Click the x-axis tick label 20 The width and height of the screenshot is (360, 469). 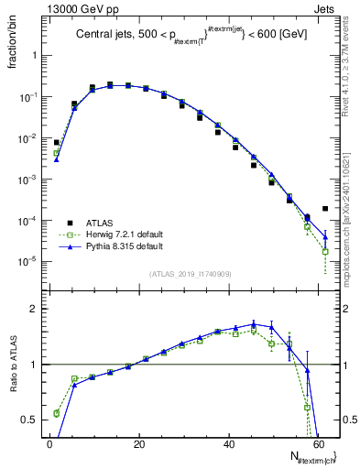click(x=138, y=445)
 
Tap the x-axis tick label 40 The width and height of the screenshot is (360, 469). click(x=228, y=445)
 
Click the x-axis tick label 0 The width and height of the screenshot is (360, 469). click(x=49, y=445)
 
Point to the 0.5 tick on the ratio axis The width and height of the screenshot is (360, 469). click(x=29, y=420)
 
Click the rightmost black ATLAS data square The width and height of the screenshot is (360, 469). click(x=325, y=209)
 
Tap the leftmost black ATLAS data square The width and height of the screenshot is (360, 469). click(x=57, y=143)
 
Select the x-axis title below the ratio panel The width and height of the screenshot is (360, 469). click(x=312, y=459)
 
